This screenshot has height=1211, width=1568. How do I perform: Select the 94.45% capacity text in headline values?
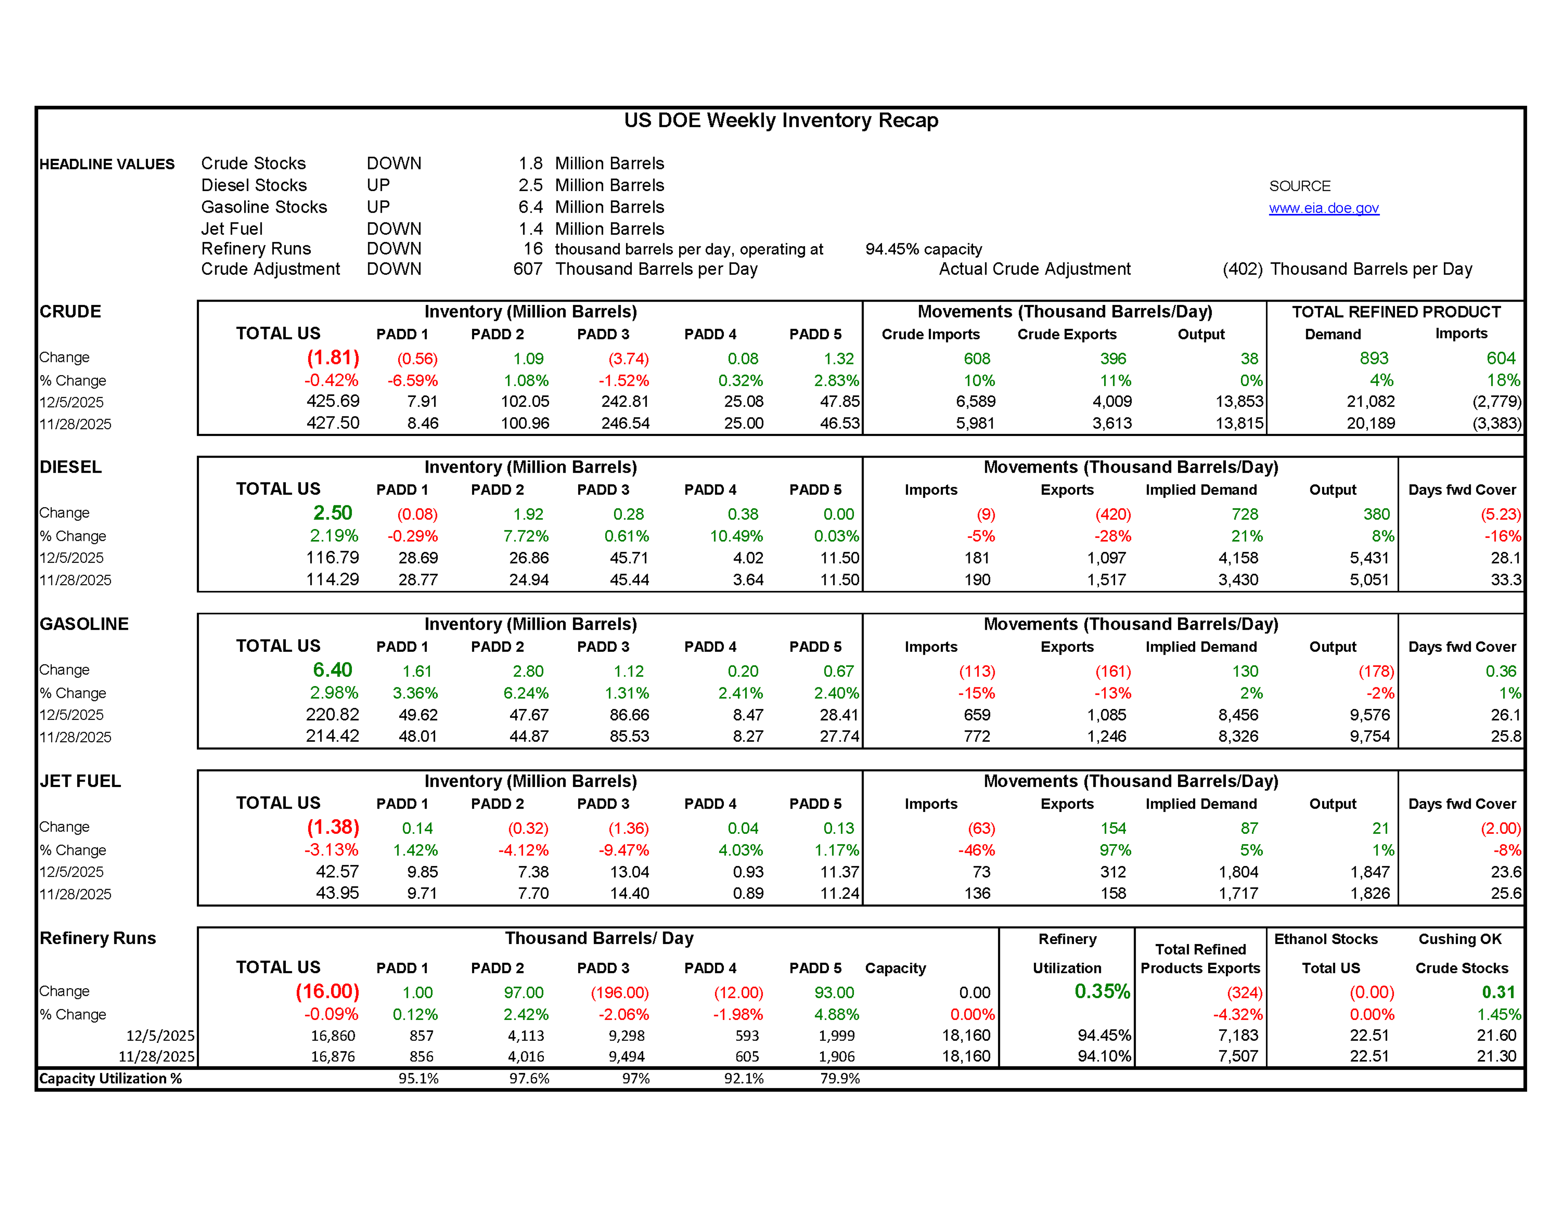click(x=923, y=249)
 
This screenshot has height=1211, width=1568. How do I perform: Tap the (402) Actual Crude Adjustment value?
click(x=1242, y=269)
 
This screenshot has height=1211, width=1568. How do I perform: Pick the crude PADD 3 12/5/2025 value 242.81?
click(x=625, y=401)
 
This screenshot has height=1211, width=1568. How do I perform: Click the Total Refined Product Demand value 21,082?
click(x=1370, y=401)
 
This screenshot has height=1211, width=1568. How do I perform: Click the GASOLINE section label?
click(x=84, y=624)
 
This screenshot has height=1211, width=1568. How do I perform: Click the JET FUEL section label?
click(x=80, y=781)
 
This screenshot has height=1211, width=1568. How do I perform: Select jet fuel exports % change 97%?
click(x=1115, y=850)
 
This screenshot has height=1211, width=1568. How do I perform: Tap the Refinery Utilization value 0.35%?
click(x=1102, y=992)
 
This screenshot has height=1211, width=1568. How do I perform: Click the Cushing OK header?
click(x=1460, y=939)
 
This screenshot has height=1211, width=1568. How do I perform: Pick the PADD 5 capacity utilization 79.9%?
click(x=840, y=1078)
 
